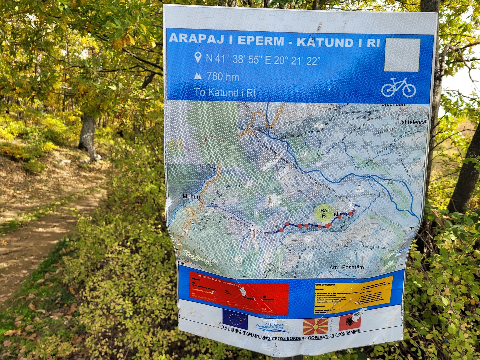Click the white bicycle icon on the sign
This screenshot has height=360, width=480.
(399, 87)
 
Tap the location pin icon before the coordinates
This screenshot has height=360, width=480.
(198, 57)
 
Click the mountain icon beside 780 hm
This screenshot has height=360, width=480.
(198, 76)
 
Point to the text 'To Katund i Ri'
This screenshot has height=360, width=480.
(225, 92)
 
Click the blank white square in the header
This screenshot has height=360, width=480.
(402, 55)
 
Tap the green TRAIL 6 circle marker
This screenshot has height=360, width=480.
(324, 213)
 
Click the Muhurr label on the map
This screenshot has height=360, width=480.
(191, 197)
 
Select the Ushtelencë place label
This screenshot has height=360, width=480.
(412, 122)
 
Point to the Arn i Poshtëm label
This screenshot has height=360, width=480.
(347, 267)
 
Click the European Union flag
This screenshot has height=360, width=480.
(235, 319)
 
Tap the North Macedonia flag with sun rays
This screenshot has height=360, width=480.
(315, 326)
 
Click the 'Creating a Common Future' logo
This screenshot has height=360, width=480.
(272, 326)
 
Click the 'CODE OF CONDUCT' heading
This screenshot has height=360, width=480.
(325, 285)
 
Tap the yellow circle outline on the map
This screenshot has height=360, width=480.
(175, 145)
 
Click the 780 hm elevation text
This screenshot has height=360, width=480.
(223, 77)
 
